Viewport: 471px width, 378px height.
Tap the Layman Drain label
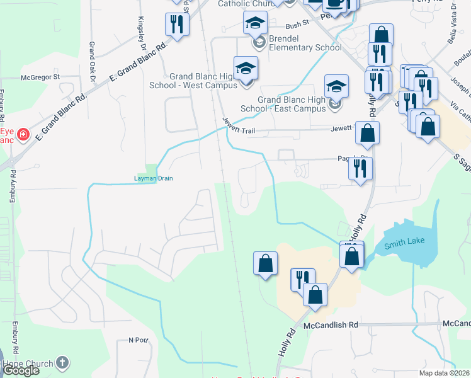click(153, 178)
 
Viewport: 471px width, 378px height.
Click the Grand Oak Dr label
click(92, 62)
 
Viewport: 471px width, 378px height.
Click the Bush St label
click(297, 26)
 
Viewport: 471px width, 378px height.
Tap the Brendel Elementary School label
click(305, 43)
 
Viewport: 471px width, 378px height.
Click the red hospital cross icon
click(23, 135)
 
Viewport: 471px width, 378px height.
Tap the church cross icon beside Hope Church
click(61, 362)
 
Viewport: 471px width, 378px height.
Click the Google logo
click(20, 370)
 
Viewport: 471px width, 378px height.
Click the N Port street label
click(137, 340)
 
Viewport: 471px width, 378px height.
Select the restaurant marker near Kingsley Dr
click(176, 25)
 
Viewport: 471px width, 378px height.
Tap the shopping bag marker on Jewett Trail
click(367, 133)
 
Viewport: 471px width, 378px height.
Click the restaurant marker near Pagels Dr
click(360, 168)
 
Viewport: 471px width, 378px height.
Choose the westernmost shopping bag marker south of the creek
click(266, 263)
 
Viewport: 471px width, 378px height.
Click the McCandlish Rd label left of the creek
click(331, 324)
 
